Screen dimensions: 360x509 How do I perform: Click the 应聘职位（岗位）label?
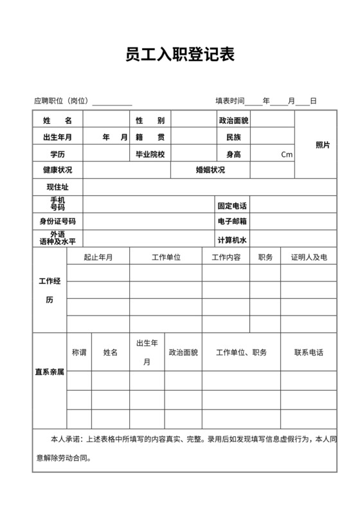click(63, 101)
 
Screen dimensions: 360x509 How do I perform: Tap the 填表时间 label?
click(230, 101)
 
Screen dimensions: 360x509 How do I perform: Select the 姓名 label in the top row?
click(57, 120)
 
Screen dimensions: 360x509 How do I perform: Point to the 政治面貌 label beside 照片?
click(233, 120)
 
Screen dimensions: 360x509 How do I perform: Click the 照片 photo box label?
click(323, 145)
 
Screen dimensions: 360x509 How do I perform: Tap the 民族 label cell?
click(233, 137)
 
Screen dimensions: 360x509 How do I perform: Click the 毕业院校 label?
click(150, 154)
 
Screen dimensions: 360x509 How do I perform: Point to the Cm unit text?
click(287, 154)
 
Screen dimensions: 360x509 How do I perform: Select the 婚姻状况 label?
click(210, 170)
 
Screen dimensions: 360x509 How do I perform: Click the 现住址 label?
click(57, 188)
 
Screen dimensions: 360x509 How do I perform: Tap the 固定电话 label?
click(233, 206)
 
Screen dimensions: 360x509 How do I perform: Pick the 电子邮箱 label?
click(233, 222)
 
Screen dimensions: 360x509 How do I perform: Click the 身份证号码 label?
click(57, 222)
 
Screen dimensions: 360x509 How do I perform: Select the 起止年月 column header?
click(98, 257)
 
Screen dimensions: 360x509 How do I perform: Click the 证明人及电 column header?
click(309, 257)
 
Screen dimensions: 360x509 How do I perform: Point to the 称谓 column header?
click(79, 352)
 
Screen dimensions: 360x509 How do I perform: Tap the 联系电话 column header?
click(309, 352)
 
